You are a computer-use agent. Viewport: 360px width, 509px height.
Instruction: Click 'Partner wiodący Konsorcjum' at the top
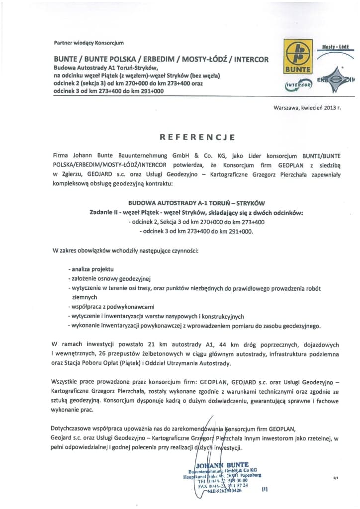point(89,43)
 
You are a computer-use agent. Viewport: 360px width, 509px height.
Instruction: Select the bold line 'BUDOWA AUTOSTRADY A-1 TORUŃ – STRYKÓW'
point(197,203)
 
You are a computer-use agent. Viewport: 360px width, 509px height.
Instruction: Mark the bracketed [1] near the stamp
point(264,489)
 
